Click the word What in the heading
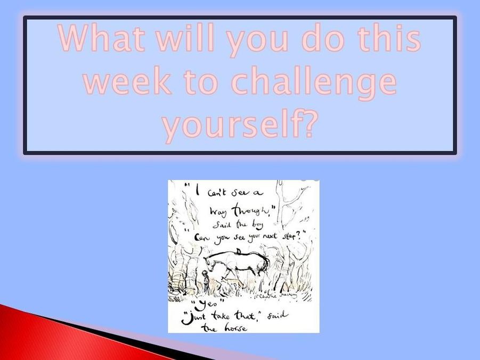(101, 38)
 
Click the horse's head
(210, 263)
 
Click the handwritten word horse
(235, 329)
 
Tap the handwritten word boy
(257, 225)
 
